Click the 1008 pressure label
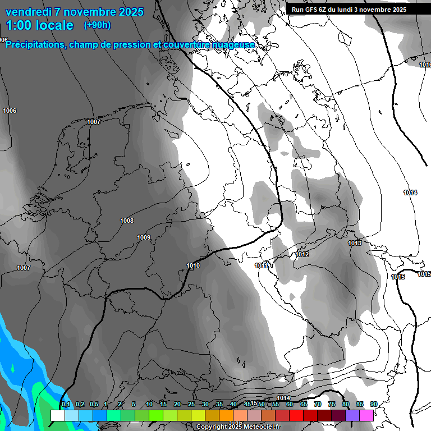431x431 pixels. (127, 221)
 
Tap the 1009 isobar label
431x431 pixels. (144, 237)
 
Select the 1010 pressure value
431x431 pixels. (193, 265)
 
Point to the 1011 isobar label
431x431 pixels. (261, 265)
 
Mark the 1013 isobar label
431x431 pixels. (354, 243)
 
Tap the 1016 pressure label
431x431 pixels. (425, 65)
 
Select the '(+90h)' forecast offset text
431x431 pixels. (97, 25)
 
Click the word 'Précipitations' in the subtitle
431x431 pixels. (35, 45)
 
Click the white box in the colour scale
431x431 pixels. (57, 415)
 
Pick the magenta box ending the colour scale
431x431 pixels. (366, 415)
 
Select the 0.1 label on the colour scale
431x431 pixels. (65, 405)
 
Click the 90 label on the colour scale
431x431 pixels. (373, 405)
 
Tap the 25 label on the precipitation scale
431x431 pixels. (191, 405)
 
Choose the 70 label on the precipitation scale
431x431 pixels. (318, 405)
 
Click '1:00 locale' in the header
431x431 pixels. (40, 25)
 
